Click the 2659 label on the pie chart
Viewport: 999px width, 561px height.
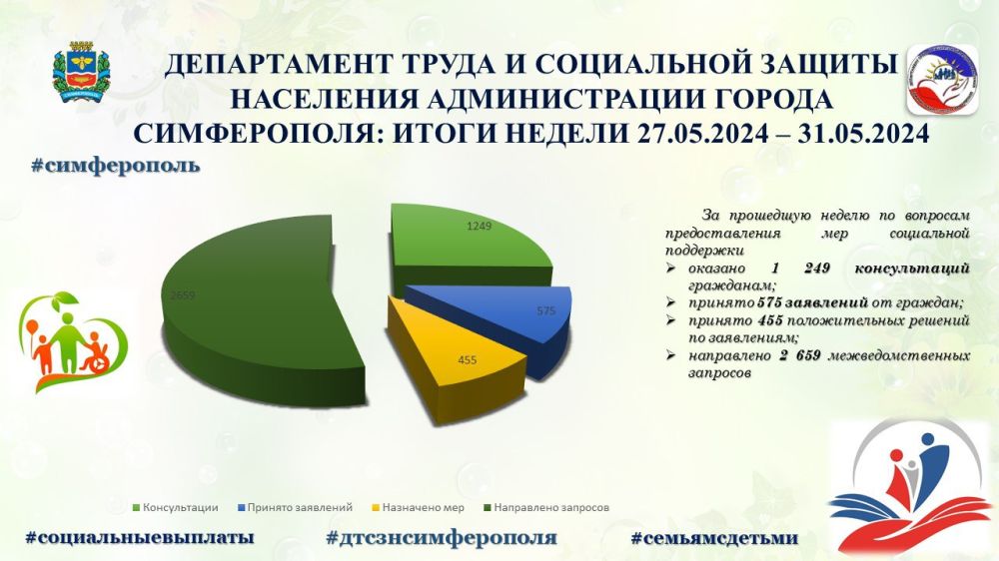pyautogui.click(x=183, y=295)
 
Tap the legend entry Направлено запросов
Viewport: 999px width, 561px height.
pyautogui.click(x=544, y=506)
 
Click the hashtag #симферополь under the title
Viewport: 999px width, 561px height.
pyautogui.click(x=116, y=164)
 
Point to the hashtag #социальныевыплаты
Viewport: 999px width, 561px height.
pyautogui.click(x=139, y=537)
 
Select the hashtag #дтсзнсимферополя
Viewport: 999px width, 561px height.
pyautogui.click(x=441, y=537)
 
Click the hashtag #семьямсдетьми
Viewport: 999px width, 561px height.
pyautogui.click(x=714, y=537)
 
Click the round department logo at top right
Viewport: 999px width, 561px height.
pyautogui.click(x=937, y=79)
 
